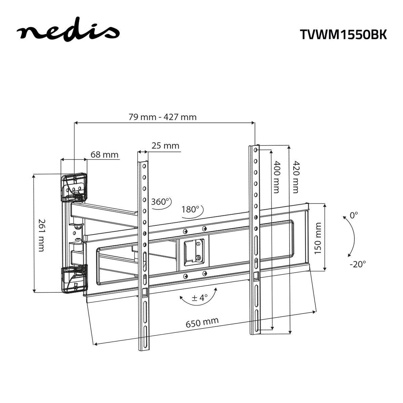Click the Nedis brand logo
coord(68,32)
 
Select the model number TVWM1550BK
coord(343,34)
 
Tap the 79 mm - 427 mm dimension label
coord(163,117)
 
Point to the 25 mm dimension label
coord(165,146)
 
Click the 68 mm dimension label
coord(104,154)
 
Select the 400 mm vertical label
coord(276,177)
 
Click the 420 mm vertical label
coord(295,177)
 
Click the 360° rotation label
coord(160,202)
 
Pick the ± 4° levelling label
coord(199,298)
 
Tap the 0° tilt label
coord(354,215)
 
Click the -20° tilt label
coord(357,264)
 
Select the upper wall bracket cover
coord(74,187)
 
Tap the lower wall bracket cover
coord(74,279)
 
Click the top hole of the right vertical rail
coord(256,149)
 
